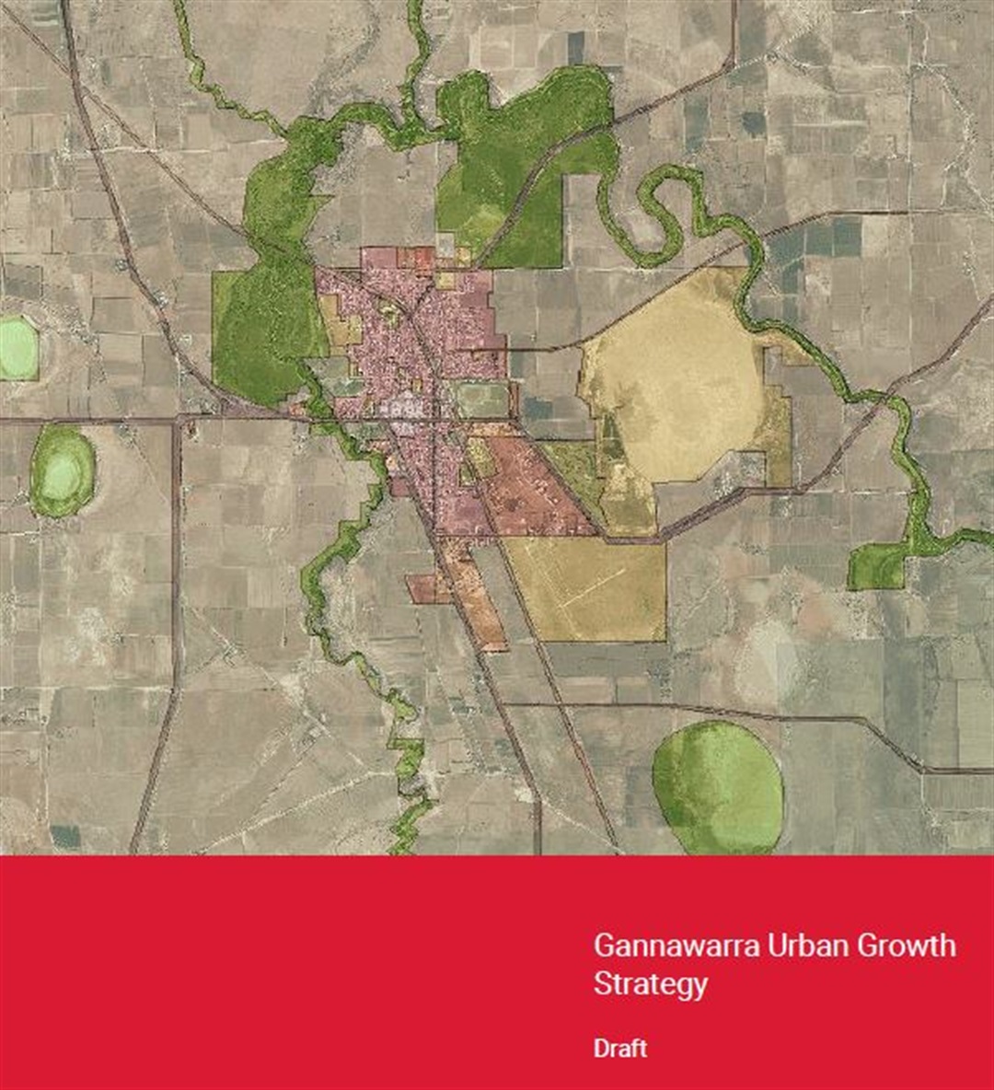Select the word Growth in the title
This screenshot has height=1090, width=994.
[x=910, y=946]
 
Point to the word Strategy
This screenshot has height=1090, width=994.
[x=651, y=984]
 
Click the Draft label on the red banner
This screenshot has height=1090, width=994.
[x=620, y=1049]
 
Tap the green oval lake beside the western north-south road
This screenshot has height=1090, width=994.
[x=63, y=470]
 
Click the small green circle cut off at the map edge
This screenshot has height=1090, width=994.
[x=17, y=347]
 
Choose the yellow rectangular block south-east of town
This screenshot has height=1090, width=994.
[x=589, y=589]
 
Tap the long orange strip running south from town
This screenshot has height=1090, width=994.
[x=474, y=598]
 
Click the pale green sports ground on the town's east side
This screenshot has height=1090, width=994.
[x=481, y=400]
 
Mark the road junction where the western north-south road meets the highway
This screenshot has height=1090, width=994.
[x=179, y=420]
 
